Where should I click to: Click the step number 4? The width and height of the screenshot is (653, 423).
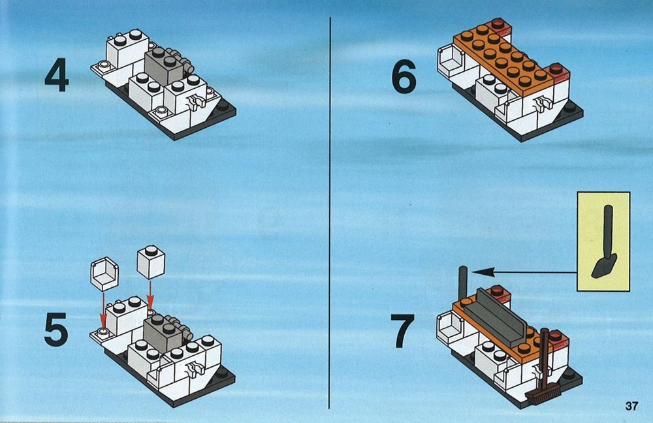point(57,75)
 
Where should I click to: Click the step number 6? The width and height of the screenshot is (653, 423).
point(404,76)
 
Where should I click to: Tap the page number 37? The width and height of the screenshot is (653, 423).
point(631,406)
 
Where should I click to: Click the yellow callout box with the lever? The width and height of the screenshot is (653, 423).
point(603,242)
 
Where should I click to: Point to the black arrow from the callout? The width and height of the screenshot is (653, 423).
point(524,273)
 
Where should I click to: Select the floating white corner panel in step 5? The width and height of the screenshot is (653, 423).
point(104,274)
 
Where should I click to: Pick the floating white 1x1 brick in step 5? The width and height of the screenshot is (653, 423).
point(151,262)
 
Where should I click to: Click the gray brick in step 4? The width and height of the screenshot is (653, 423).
point(165,66)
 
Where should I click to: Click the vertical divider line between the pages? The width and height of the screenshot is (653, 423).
point(330,213)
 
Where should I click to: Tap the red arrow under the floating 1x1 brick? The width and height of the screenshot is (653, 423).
point(150,295)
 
